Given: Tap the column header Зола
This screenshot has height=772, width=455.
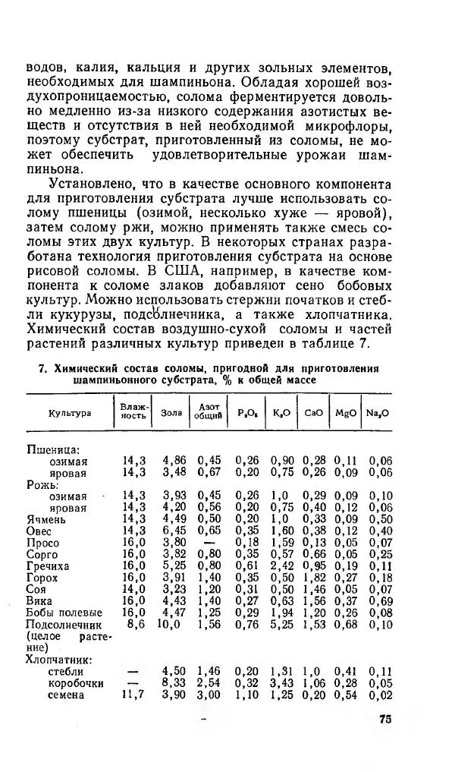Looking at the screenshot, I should (172, 412).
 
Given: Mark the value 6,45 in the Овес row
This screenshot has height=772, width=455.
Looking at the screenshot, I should (175, 531).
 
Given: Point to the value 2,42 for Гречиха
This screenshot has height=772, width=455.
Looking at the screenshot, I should (282, 566).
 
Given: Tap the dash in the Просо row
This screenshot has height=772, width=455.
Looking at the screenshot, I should (209, 543).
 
